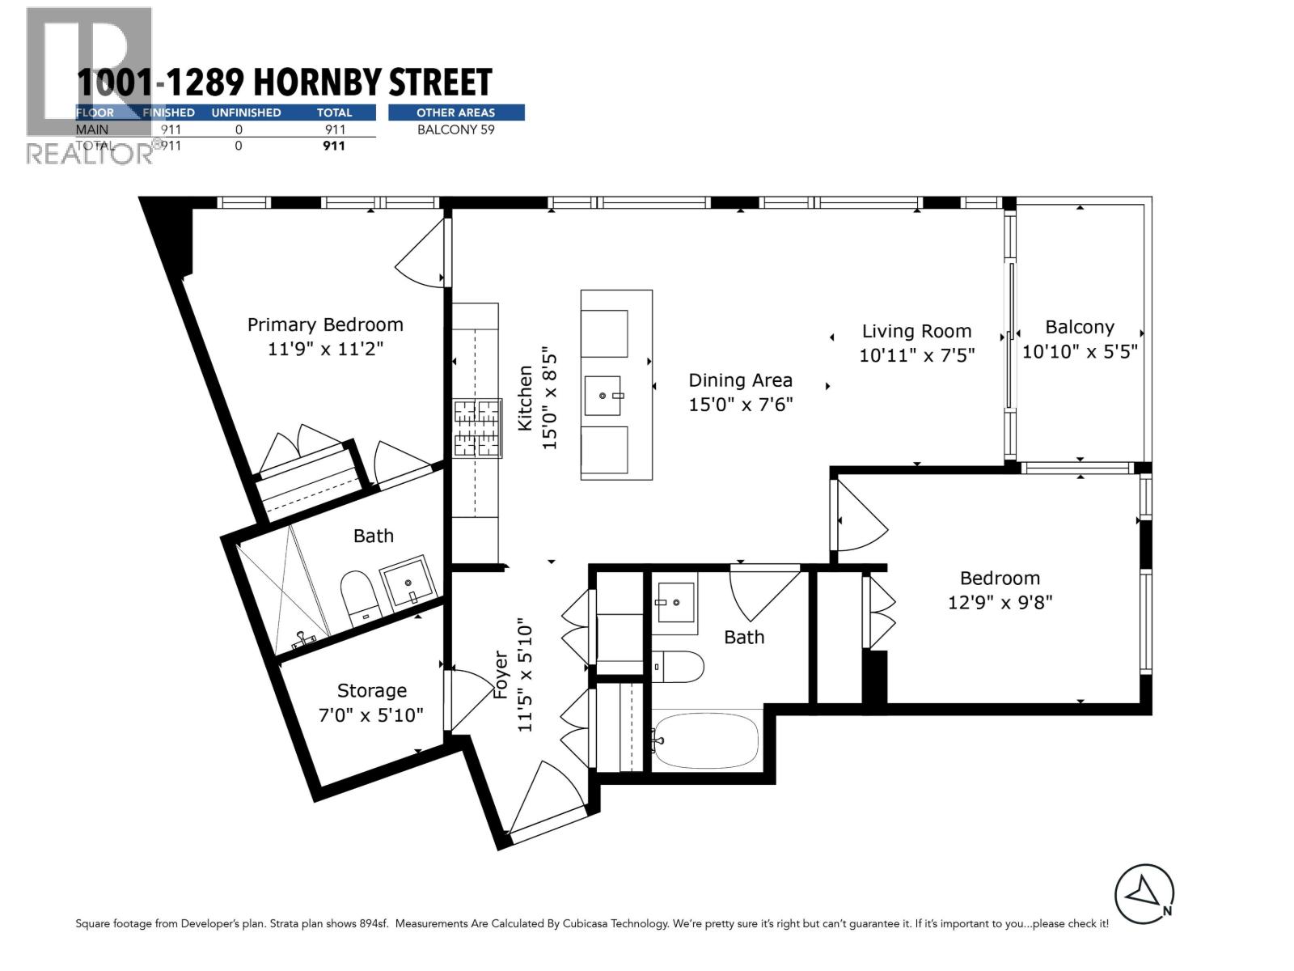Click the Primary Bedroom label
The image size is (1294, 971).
pyautogui.click(x=325, y=324)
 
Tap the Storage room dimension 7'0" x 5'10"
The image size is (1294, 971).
pyautogui.click(x=371, y=715)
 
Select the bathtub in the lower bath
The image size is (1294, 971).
pyautogui.click(x=706, y=740)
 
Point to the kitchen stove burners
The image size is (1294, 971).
pyautogui.click(x=477, y=428)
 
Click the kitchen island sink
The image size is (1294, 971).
pyautogui.click(x=603, y=396)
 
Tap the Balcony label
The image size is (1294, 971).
pyautogui.click(x=1080, y=327)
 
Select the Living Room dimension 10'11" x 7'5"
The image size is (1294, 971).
pyautogui.click(x=916, y=354)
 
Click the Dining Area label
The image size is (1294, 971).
pyautogui.click(x=740, y=380)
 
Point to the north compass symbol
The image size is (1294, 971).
pyautogui.click(x=1144, y=893)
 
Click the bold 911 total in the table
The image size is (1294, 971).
pyautogui.click(x=333, y=146)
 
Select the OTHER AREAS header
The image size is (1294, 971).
pyautogui.click(x=456, y=112)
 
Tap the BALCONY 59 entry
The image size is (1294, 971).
pyautogui.click(x=456, y=129)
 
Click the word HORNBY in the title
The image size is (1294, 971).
pyautogui.click(x=319, y=83)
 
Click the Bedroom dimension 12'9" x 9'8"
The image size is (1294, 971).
pyautogui.click(x=1000, y=602)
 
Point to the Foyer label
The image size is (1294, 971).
pyautogui.click(x=501, y=676)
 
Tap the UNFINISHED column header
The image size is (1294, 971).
pyautogui.click(x=246, y=112)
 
